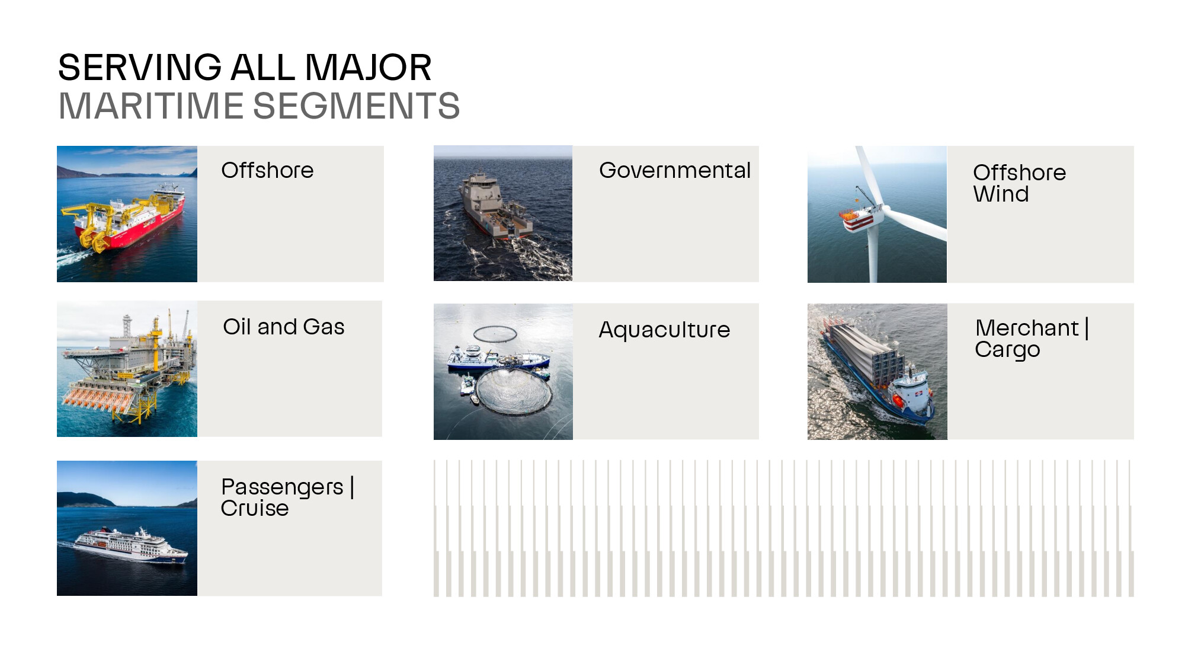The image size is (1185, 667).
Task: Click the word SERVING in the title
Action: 140,68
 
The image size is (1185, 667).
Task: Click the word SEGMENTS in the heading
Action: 356,106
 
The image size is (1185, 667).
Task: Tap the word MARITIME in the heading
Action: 151,106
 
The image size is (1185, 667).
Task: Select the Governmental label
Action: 675,171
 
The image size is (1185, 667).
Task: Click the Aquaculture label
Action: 664,330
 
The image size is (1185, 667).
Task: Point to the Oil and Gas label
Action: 284,327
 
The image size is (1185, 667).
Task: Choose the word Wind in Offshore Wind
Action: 1001,194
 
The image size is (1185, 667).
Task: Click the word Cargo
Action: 1007,350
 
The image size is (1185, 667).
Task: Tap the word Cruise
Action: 255,508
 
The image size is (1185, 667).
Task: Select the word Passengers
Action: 282,487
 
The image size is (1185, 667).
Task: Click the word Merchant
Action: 1027,328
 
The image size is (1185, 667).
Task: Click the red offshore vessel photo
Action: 127,214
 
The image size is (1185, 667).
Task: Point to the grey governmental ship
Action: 495,205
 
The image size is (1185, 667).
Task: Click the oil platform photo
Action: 127,369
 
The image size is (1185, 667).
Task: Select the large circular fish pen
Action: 514,391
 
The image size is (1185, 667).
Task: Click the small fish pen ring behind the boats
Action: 495,334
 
